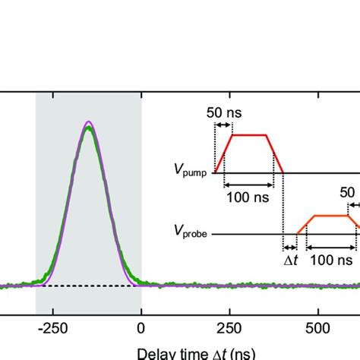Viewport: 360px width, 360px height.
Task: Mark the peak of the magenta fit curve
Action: (89, 122)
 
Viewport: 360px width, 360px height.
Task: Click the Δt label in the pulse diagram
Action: (292, 260)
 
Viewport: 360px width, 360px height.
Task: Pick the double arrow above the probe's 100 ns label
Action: (331, 246)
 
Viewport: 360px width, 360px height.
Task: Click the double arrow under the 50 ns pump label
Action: (223, 124)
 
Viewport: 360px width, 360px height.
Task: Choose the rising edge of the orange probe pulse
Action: (301, 225)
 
